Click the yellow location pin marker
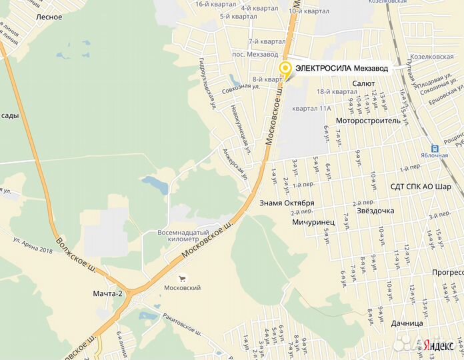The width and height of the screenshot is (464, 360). pyautogui.click(x=285, y=68)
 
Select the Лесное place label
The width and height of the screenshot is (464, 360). pyautogui.click(x=50, y=17)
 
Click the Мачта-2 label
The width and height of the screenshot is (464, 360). pyautogui.click(x=108, y=293)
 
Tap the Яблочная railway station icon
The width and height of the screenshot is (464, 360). pyautogui.click(x=435, y=149)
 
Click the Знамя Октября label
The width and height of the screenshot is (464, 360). pyautogui.click(x=286, y=203)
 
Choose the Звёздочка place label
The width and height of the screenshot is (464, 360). pyautogui.click(x=375, y=211)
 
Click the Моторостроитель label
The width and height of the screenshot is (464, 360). pyautogui.click(x=368, y=121)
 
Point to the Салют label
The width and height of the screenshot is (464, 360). pyautogui.click(x=364, y=83)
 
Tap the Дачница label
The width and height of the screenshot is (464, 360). pyautogui.click(x=407, y=323)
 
